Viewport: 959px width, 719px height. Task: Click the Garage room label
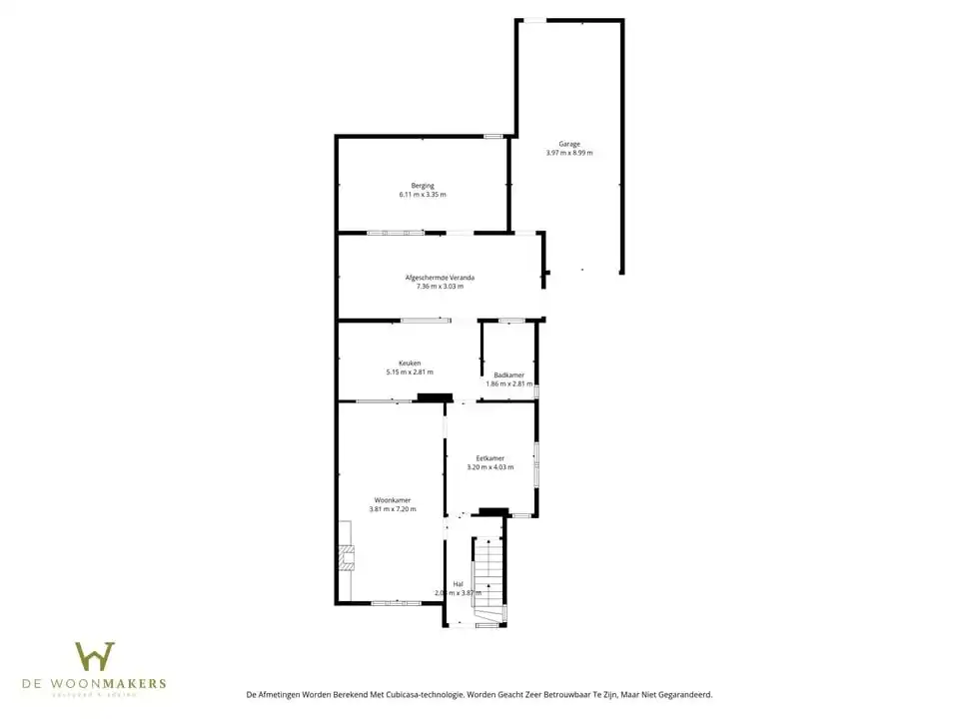pyautogui.click(x=569, y=144)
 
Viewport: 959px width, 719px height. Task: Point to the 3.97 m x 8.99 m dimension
pyautogui.click(x=569, y=153)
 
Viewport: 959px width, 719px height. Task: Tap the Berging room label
pyautogui.click(x=423, y=186)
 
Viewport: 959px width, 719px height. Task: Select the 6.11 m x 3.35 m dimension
pyautogui.click(x=423, y=195)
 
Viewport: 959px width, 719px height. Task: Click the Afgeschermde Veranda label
pyautogui.click(x=440, y=277)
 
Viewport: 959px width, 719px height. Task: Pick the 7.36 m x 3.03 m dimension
pyautogui.click(x=440, y=287)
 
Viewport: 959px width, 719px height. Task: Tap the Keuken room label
pyautogui.click(x=410, y=362)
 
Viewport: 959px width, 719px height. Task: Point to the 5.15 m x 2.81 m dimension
pyautogui.click(x=410, y=372)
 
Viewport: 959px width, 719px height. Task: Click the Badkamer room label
pyautogui.click(x=508, y=374)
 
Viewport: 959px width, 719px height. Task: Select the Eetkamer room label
pyautogui.click(x=490, y=457)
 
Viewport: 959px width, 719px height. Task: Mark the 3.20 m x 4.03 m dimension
pyautogui.click(x=490, y=467)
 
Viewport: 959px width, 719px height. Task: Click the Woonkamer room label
pyautogui.click(x=393, y=499)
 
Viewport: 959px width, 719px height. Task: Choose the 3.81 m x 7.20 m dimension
pyautogui.click(x=393, y=509)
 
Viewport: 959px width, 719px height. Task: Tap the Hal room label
pyautogui.click(x=458, y=583)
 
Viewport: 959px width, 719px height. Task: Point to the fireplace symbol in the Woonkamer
pyautogui.click(x=346, y=556)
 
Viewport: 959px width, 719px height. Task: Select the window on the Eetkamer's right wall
pyautogui.click(x=536, y=464)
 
